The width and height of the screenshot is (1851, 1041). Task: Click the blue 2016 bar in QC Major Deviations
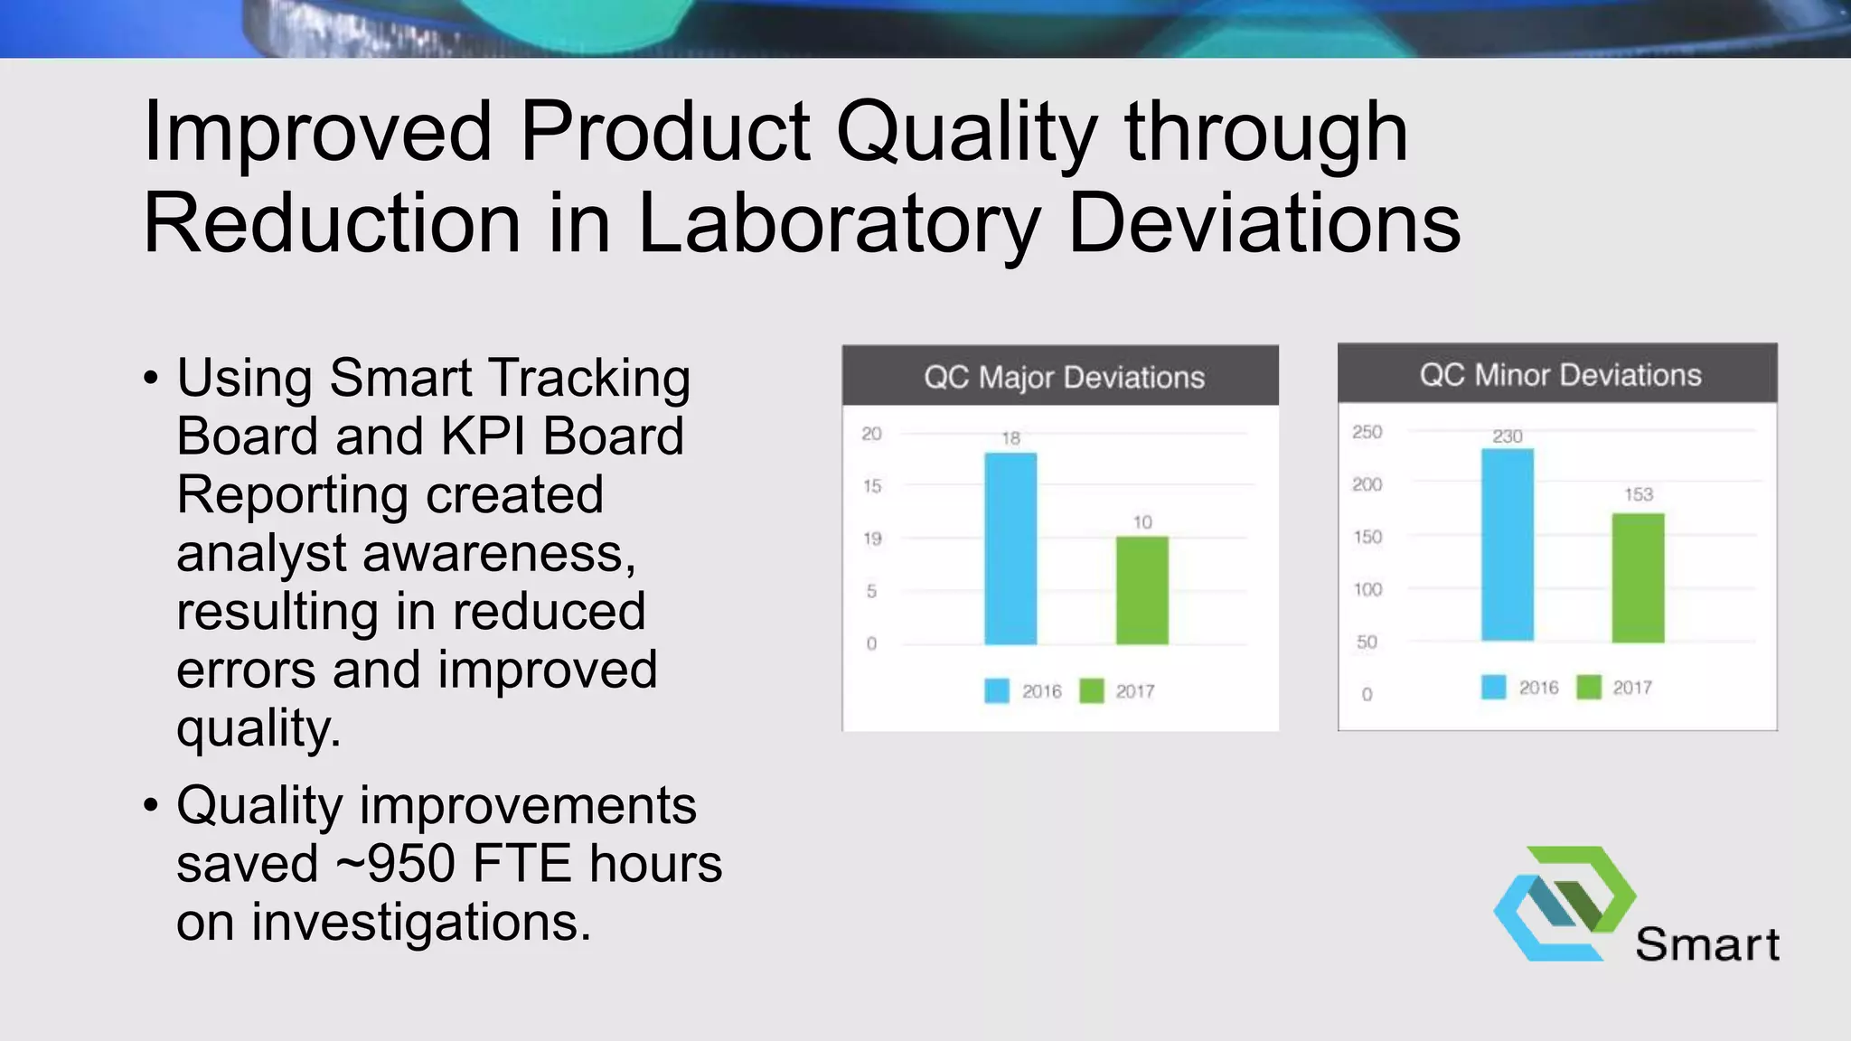coord(1010,549)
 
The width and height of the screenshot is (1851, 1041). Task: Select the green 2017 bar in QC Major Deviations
coord(1142,590)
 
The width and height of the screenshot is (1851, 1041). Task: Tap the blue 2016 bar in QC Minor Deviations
coord(1507,545)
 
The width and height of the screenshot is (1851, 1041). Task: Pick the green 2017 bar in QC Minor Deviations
coord(1638,578)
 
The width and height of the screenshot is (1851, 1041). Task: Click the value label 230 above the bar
coord(1507,436)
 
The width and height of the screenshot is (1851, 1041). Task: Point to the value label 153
coord(1638,494)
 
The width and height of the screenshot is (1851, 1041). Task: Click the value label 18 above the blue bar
coord(1010,438)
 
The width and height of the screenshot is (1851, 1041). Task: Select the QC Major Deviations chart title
coord(1064,377)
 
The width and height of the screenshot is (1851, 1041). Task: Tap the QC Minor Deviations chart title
coord(1560,375)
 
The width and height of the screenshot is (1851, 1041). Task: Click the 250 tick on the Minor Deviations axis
coord(1367,432)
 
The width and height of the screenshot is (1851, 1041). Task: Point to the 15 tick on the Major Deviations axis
coord(871,486)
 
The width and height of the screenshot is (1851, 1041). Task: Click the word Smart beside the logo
coord(1706,945)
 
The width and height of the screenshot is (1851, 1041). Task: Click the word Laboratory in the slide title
coord(839,223)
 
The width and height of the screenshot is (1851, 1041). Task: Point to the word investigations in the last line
coord(420,923)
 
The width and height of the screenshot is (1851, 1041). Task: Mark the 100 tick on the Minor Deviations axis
coord(1367,589)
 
